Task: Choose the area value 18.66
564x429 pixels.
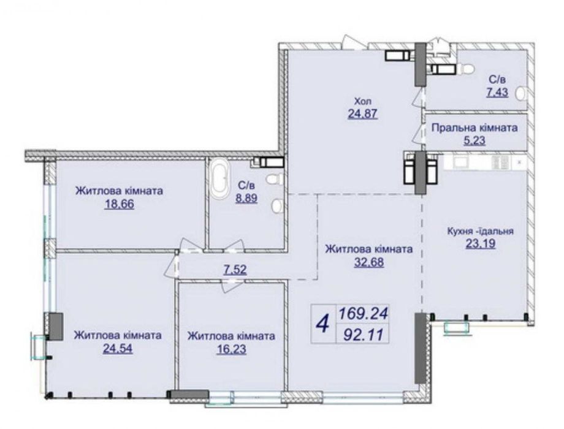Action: coord(119,203)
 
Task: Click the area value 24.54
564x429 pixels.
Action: coord(118,347)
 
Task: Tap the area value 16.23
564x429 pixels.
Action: coord(231,348)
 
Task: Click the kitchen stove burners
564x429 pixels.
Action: coord(500,162)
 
